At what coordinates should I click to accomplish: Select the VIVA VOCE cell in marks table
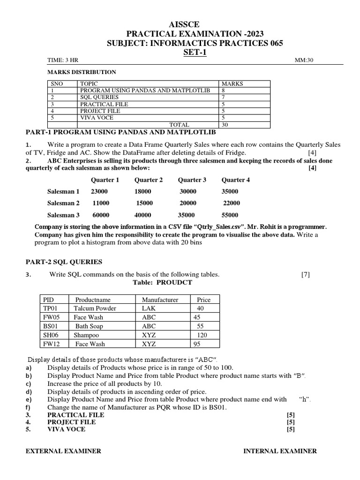point(96,118)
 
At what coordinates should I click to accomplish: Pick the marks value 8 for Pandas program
point(223,90)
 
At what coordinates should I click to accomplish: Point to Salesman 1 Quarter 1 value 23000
point(99,191)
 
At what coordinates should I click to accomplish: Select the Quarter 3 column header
point(192,180)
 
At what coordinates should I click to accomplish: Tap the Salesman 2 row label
point(63,203)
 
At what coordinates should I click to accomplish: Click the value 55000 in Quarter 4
point(230,215)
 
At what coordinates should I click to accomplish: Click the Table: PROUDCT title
point(160,283)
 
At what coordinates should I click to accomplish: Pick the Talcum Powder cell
point(95,308)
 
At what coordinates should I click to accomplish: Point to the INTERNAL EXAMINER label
point(280,451)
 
